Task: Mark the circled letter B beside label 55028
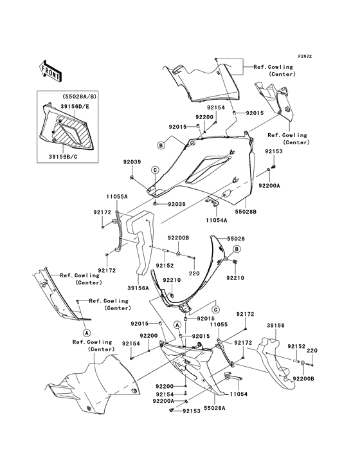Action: pos(237,248)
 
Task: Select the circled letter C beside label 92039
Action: pos(155,169)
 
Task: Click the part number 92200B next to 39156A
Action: pos(179,237)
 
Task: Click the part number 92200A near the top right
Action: pos(269,185)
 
